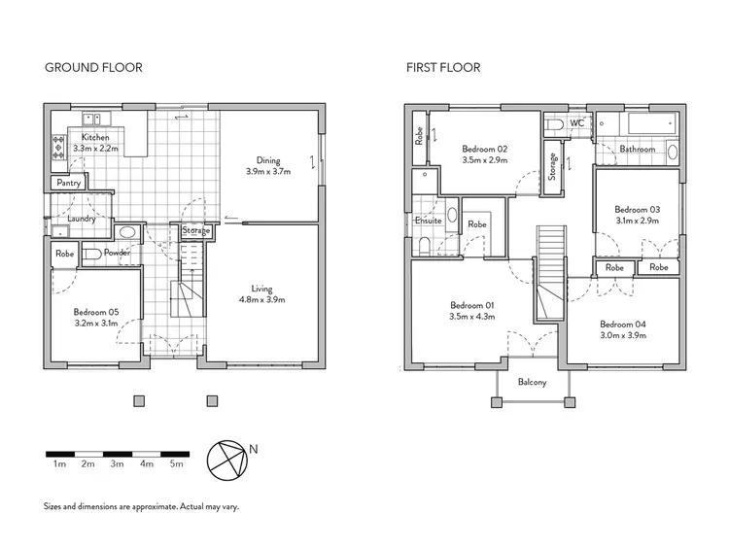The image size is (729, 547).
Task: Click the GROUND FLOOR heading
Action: [93, 68]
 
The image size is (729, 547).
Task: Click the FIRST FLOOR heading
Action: [443, 68]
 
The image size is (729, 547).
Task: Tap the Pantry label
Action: [68, 183]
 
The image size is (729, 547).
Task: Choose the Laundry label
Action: [81, 219]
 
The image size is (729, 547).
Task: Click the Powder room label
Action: [117, 254]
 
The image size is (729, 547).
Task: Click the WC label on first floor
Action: [576, 124]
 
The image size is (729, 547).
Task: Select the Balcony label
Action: [532, 382]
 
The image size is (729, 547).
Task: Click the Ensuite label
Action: [428, 221]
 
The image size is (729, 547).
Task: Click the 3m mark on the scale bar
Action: [117, 464]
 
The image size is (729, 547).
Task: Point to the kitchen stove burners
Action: [57, 146]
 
